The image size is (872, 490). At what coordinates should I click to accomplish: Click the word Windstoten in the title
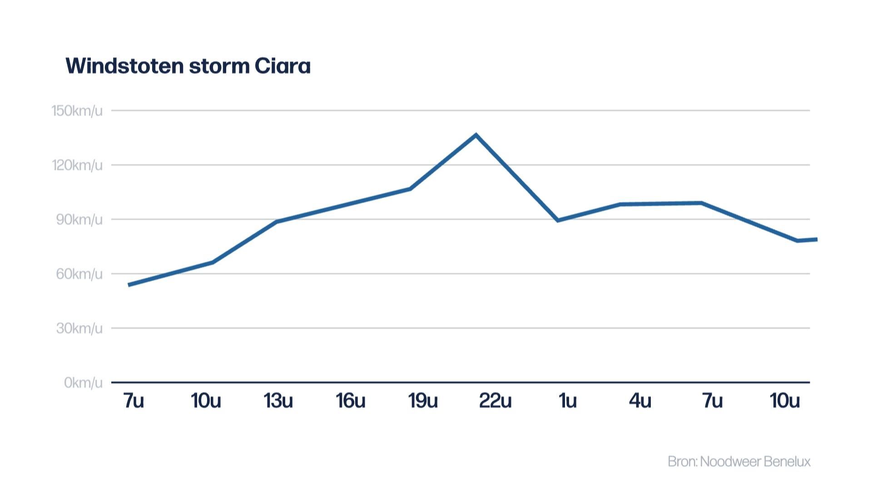coord(124,66)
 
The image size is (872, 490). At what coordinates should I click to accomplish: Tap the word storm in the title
coord(219,66)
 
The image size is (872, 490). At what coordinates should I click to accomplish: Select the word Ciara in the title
coord(282,66)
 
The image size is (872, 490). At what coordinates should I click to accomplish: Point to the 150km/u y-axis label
coord(77,111)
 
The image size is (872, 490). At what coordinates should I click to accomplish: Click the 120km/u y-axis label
coord(77,165)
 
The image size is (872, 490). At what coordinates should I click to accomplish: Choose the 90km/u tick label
coord(79,220)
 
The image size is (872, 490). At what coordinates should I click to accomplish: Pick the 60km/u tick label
coord(79,274)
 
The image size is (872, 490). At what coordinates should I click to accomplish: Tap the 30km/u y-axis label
coord(79,328)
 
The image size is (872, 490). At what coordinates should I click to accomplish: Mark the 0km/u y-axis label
coord(83,383)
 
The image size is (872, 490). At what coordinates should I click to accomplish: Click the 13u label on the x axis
coord(278,401)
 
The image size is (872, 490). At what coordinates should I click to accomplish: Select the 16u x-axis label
coord(350,401)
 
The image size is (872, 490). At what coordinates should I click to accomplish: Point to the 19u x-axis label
coord(422,401)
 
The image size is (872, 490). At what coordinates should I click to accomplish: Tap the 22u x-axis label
coord(495,401)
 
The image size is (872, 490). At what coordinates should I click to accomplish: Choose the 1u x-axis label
coord(567,401)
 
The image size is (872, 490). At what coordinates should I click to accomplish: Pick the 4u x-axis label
coord(639,401)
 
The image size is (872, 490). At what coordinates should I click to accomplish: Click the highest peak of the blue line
coord(476,135)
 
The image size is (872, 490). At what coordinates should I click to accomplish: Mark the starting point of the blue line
coord(129,285)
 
